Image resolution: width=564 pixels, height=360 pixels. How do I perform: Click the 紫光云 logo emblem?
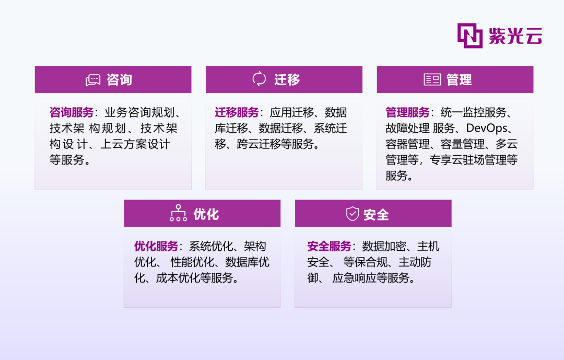click(470, 36)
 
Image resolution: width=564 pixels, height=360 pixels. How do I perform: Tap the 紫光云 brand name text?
click(515, 36)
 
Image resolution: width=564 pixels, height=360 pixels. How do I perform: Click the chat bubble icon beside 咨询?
click(93, 80)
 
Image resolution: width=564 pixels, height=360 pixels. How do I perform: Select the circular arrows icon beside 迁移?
click(259, 79)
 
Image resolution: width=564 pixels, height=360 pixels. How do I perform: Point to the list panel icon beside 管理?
click(432, 79)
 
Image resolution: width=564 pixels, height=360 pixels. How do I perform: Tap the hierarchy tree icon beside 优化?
click(179, 213)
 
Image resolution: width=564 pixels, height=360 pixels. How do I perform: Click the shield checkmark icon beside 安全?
click(352, 214)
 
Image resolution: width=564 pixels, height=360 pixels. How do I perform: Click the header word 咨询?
click(120, 79)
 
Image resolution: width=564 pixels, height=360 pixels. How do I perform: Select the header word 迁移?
click(287, 79)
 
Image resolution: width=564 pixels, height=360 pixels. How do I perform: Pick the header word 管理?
click(459, 79)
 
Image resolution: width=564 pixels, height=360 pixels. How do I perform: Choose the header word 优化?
click(206, 214)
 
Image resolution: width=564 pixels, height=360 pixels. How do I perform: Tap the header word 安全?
click(376, 215)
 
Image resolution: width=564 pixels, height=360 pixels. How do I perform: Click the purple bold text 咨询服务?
click(72, 112)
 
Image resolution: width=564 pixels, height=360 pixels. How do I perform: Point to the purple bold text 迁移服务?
click(237, 112)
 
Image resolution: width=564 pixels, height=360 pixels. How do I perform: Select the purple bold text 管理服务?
click(407, 112)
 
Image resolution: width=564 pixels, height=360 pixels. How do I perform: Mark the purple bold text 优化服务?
click(156, 246)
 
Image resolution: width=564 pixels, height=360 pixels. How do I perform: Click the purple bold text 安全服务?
click(329, 246)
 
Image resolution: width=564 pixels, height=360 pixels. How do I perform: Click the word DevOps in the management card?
click(487, 128)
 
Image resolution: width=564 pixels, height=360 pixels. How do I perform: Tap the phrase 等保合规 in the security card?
click(365, 262)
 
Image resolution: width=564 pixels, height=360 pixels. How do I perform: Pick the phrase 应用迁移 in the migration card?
click(292, 112)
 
